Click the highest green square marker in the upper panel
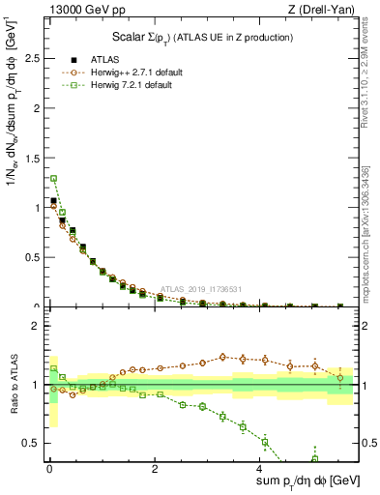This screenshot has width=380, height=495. pyautogui.click(x=53, y=178)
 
